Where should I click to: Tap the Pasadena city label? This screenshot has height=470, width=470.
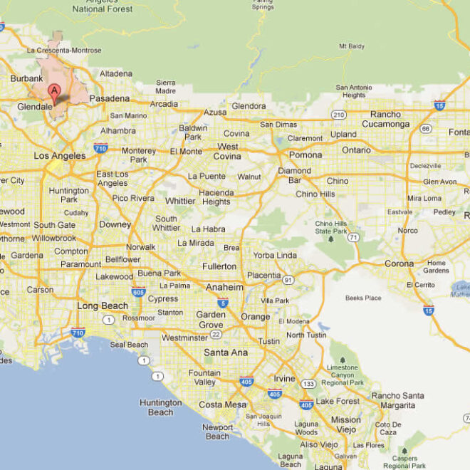click(x=109, y=98)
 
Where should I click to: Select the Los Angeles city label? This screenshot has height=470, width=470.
click(x=60, y=155)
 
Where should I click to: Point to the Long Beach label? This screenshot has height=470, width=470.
click(x=103, y=305)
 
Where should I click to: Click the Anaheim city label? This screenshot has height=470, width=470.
click(x=224, y=287)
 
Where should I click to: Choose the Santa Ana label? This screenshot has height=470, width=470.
click(x=225, y=352)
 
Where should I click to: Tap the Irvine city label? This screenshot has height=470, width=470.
click(x=284, y=378)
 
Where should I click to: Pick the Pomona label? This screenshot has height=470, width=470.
click(x=305, y=155)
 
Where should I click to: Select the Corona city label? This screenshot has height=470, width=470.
click(x=399, y=263)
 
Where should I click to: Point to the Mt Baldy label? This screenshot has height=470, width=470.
click(x=352, y=46)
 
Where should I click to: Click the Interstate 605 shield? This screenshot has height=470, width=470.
click(x=138, y=291)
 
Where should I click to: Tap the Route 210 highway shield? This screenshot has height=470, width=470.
click(x=339, y=114)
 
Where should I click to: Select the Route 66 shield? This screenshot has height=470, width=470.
click(x=425, y=129)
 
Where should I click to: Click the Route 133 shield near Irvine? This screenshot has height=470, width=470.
click(x=309, y=384)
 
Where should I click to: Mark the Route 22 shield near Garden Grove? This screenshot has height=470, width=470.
click(x=216, y=333)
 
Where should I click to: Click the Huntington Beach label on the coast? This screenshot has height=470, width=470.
click(x=161, y=407)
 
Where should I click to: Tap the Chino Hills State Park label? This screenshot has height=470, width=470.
click(x=331, y=227)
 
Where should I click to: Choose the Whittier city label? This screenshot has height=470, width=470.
click(x=180, y=201)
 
